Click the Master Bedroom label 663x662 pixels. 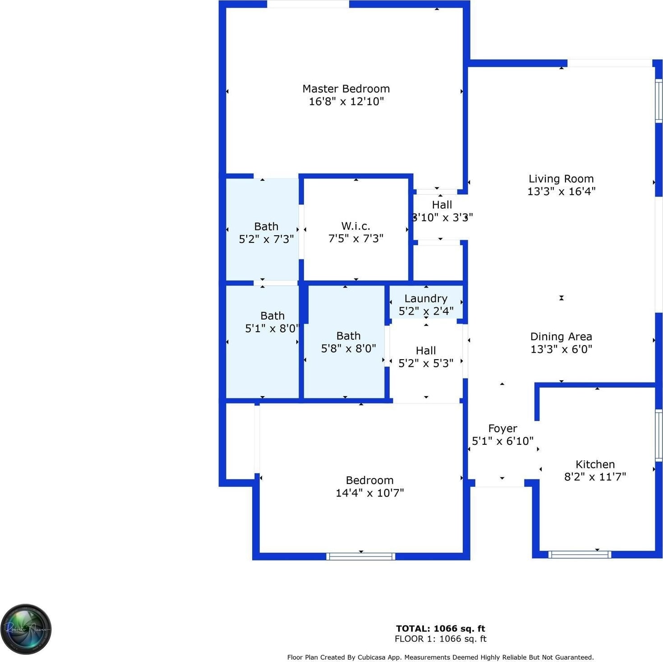[x=346, y=89]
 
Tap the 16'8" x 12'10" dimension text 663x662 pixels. [x=346, y=101]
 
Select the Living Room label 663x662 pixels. [x=561, y=179]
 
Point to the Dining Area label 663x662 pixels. [x=561, y=337]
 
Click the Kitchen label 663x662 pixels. [x=595, y=464]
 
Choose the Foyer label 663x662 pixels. [x=502, y=429]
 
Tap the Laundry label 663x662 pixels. [x=426, y=298]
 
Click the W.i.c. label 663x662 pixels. [x=355, y=226]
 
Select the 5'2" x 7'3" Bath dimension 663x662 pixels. [x=266, y=239]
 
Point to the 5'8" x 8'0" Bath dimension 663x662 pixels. [x=348, y=348]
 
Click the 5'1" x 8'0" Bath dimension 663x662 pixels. [x=272, y=329]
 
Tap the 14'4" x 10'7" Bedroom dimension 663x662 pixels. [x=369, y=493]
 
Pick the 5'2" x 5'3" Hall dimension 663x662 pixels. [x=426, y=363]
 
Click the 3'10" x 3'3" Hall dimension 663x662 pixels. [x=442, y=217]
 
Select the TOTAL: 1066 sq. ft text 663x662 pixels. [x=440, y=628]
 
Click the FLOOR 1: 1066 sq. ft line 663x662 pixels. [x=440, y=639]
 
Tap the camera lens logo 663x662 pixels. [x=26, y=630]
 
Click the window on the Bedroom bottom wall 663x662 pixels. [x=361, y=557]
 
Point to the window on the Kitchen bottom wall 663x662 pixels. [x=580, y=555]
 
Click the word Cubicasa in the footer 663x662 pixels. [x=374, y=657]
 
